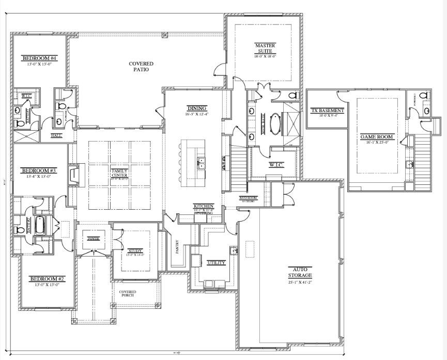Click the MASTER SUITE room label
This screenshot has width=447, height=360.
click(x=265, y=49)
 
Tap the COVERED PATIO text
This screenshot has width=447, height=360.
click(x=138, y=67)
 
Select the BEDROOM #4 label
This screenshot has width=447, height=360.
click(x=39, y=58)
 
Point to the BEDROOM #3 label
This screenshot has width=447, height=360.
click(x=38, y=170)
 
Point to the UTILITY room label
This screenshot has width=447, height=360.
click(x=215, y=262)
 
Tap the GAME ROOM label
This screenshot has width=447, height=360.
click(x=377, y=137)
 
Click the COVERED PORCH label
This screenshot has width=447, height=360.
click(x=128, y=294)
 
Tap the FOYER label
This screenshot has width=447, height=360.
click(x=93, y=239)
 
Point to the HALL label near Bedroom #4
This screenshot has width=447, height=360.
click(x=56, y=135)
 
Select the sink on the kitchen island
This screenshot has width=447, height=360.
click(x=201, y=164)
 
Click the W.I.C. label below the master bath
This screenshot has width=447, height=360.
click(x=274, y=165)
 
